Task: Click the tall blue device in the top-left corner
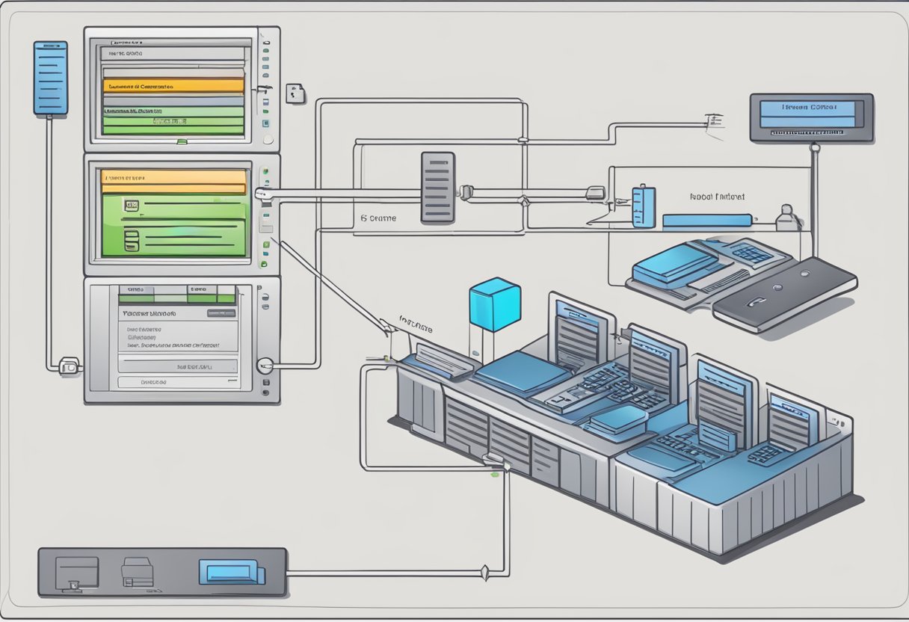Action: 50,78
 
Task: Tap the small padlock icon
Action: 295,93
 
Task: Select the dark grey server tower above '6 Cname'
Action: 437,187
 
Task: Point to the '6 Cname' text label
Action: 378,219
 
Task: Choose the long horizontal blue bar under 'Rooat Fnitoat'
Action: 706,220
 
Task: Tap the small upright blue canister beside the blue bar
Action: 643,206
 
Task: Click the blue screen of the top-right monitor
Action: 807,114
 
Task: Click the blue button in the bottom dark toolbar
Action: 231,572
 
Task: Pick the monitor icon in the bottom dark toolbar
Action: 77,572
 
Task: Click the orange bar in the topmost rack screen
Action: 173,85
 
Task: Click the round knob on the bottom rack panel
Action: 264,366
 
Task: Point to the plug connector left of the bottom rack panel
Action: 69,366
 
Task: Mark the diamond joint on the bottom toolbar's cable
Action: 485,574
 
